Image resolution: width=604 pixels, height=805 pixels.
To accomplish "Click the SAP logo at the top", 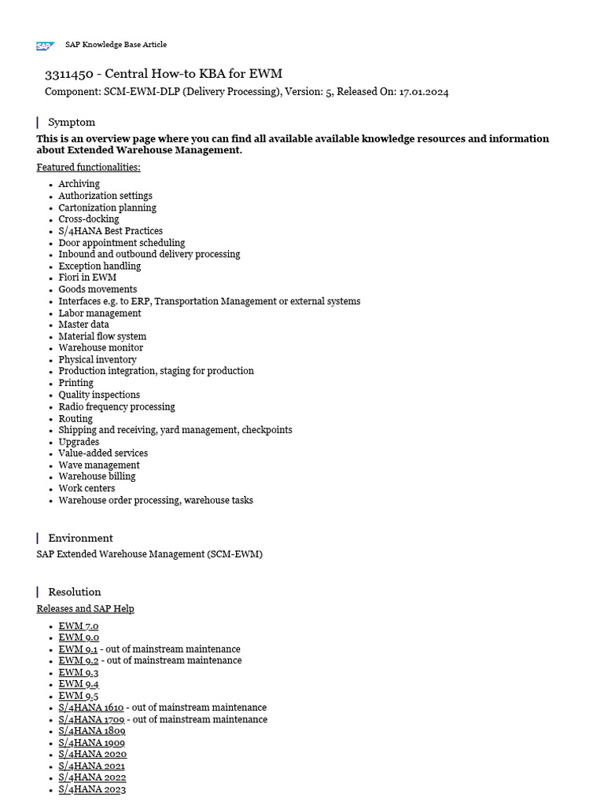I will pyautogui.click(x=45, y=46).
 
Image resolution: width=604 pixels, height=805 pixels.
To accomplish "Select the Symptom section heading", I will pyautogui.click(x=72, y=122).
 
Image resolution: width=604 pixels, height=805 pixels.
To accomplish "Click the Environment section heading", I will pyautogui.click(x=80, y=538).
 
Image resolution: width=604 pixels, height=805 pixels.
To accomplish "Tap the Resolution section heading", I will pyautogui.click(x=75, y=592).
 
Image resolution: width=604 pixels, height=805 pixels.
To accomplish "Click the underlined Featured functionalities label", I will pyautogui.click(x=88, y=167).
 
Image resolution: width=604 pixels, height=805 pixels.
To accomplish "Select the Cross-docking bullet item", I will pyautogui.click(x=89, y=219).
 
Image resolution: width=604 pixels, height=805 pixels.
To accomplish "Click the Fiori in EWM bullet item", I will pyautogui.click(x=87, y=278).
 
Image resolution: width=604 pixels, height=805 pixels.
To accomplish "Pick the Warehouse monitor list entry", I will pyautogui.click(x=101, y=347).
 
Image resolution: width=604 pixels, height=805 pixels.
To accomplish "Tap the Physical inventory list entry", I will pyautogui.click(x=98, y=359).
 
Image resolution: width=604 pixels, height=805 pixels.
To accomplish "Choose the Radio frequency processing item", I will pyautogui.click(x=116, y=406).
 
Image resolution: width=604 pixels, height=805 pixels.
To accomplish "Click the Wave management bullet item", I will pyautogui.click(x=99, y=465).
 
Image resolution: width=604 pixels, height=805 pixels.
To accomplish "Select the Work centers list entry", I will pyautogui.click(x=87, y=488).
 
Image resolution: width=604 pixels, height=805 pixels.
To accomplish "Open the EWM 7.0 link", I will pyautogui.click(x=78, y=627).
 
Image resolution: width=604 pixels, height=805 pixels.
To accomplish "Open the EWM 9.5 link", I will pyautogui.click(x=78, y=696).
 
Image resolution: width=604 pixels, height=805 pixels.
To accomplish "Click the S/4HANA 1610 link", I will pyautogui.click(x=90, y=708).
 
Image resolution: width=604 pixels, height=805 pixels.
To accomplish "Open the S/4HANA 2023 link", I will pyautogui.click(x=92, y=789).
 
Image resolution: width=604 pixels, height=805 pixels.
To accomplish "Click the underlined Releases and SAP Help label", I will pyautogui.click(x=85, y=608).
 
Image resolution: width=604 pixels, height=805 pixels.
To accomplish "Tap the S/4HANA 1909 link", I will pyautogui.click(x=91, y=743).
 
